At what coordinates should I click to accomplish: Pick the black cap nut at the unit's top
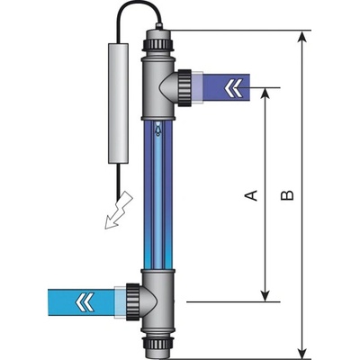(157, 42)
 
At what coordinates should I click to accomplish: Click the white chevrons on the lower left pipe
(62, 298)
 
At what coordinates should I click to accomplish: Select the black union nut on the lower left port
(130, 298)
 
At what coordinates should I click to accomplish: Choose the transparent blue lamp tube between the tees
(157, 193)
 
